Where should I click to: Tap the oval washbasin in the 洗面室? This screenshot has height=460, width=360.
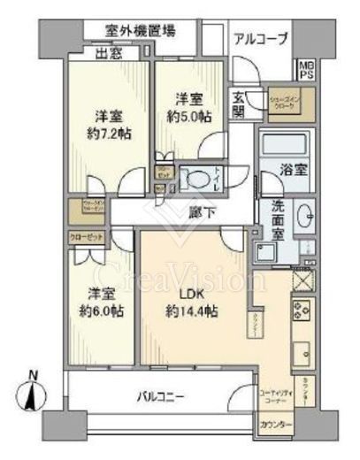click(304, 214)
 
